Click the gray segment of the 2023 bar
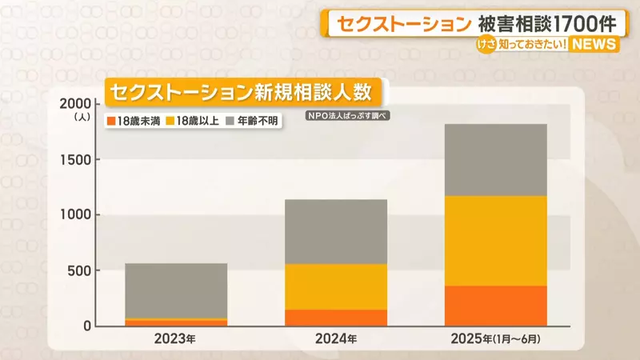pos(176,290)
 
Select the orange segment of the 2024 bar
pos(336,318)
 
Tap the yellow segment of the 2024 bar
pos(336,286)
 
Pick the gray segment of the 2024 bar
pos(336,231)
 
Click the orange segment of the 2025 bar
pos(495,306)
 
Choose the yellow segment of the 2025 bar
pos(495,240)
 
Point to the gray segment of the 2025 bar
pos(495,159)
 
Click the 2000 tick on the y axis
pos(76,104)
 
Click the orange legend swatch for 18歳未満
pos(110,121)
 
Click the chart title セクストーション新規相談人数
pos(241,91)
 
